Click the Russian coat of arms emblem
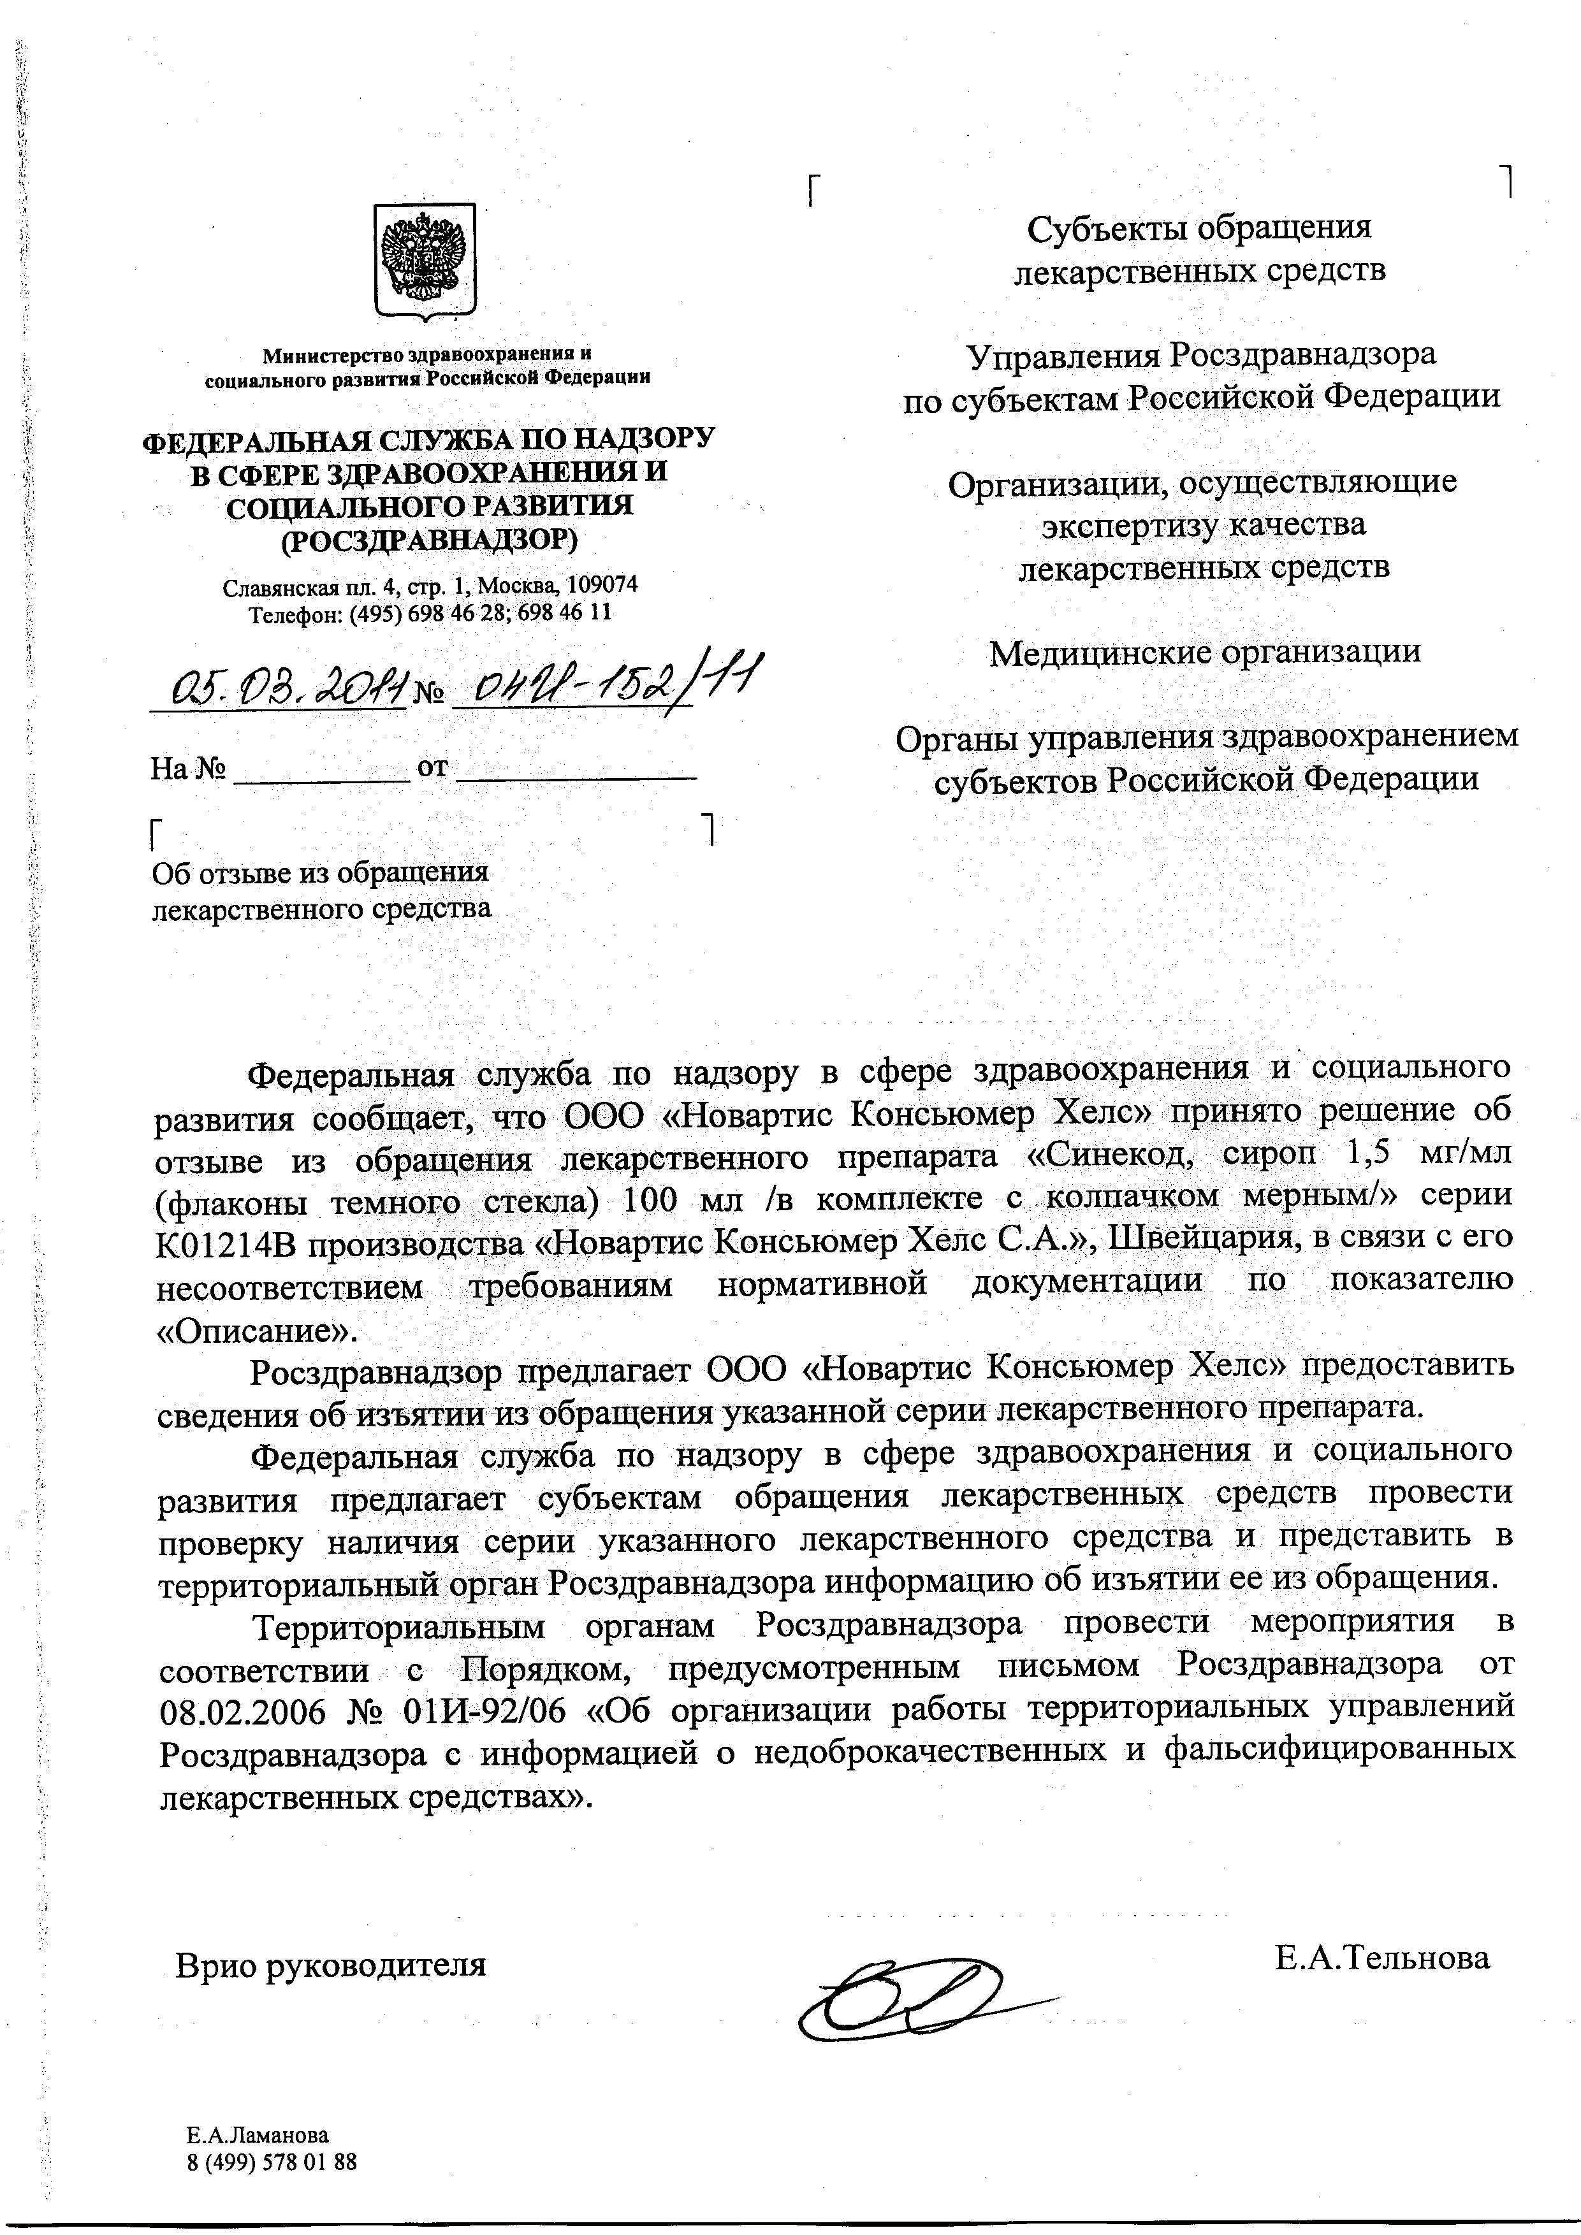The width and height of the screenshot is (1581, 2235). pos(425,260)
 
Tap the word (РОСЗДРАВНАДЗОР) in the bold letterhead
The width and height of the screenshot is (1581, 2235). pos(428,539)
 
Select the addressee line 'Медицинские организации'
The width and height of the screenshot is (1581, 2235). pos(1204,651)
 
